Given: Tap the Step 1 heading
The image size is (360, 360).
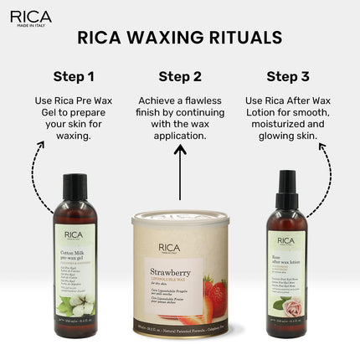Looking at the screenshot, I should pyautogui.click(x=73, y=77).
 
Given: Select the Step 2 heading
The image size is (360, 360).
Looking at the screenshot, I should pyautogui.click(x=179, y=77).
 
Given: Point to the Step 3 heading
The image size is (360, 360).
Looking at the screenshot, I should pyautogui.click(x=286, y=77).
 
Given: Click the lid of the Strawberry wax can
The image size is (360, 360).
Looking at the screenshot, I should pyautogui.click(x=178, y=220).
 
